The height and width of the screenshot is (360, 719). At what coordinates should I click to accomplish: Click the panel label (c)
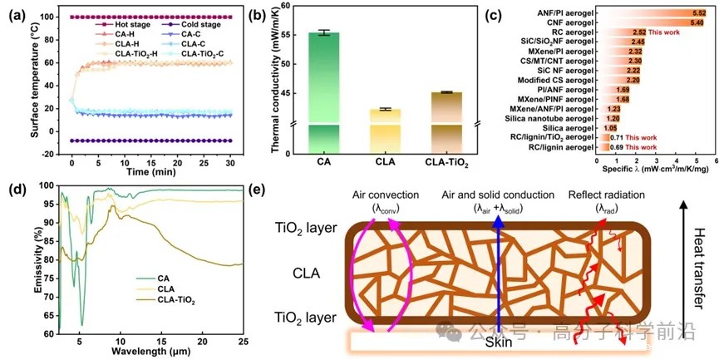516,13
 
